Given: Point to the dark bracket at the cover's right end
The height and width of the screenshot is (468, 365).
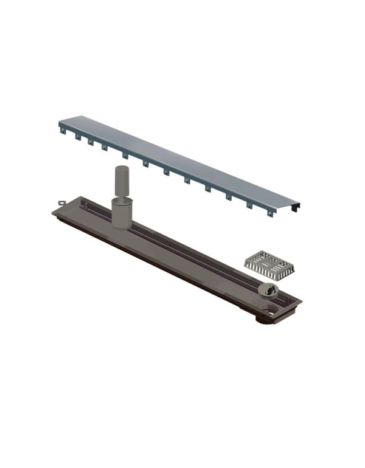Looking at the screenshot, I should [296, 207].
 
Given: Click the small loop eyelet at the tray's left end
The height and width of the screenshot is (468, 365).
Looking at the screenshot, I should [61, 204].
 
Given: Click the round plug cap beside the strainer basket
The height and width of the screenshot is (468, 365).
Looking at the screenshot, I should [267, 290].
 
